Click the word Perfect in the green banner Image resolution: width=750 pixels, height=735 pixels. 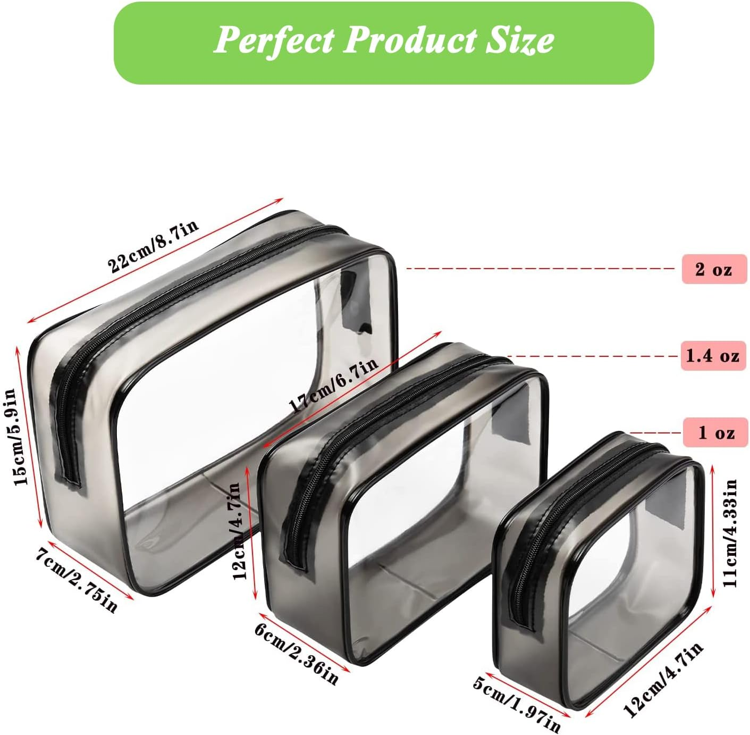coord(274,40)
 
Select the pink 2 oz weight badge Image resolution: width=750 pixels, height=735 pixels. coord(714,269)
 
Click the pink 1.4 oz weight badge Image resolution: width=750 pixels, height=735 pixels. coord(713,356)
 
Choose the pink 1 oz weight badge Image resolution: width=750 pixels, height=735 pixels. coord(715,432)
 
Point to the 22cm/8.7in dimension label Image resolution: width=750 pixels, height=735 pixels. coord(153,246)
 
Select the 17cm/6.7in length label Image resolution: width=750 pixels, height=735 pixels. coord(333,385)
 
